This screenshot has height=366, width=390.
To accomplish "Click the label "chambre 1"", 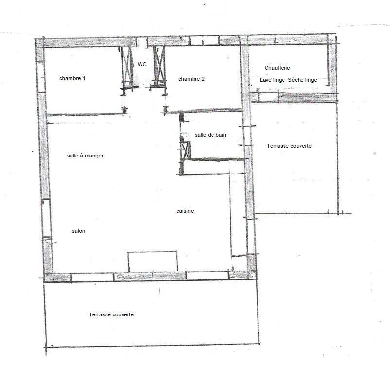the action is (x=72, y=79).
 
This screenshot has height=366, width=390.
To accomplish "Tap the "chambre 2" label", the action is (x=192, y=79).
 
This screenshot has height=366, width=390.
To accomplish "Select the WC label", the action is (x=142, y=64).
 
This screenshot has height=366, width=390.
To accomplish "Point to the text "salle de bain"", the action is (x=211, y=135).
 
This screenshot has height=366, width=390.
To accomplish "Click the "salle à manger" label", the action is (x=85, y=156).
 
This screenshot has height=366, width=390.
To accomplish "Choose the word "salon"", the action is (x=78, y=231).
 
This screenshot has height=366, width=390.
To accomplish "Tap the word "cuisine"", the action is (x=185, y=211).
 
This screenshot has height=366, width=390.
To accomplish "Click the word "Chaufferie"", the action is (x=277, y=68).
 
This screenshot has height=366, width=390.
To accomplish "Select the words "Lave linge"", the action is (x=272, y=80).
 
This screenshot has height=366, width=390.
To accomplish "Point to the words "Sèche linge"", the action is (x=302, y=80).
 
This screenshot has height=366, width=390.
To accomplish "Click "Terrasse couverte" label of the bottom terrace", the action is (x=111, y=314).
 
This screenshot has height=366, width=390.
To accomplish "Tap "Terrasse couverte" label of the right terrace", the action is (x=289, y=146).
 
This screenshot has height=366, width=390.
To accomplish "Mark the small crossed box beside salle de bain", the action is (x=185, y=150).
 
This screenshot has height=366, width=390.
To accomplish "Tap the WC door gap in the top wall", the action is (x=142, y=42).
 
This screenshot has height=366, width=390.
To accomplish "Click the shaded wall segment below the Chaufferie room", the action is (x=294, y=97).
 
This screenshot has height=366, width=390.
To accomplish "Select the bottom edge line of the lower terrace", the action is (x=152, y=345).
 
